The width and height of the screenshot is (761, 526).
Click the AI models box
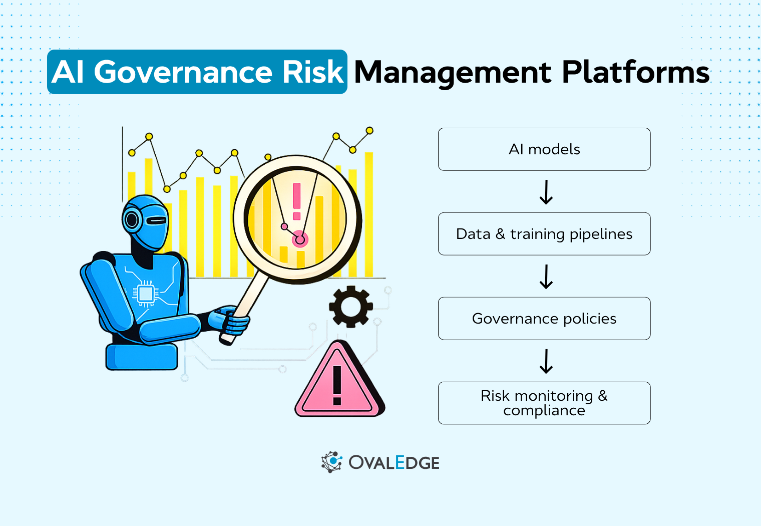(x=544, y=149)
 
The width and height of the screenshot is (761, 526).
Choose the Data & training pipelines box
(x=544, y=234)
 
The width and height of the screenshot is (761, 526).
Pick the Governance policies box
(x=544, y=319)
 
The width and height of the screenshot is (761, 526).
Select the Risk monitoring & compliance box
(x=544, y=403)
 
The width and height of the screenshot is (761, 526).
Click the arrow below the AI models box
(x=546, y=192)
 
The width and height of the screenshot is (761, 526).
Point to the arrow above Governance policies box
(x=546, y=277)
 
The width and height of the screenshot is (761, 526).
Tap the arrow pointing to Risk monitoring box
(x=546, y=361)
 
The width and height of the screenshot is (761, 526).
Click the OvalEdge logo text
(x=394, y=463)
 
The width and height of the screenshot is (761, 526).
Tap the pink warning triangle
(x=338, y=383)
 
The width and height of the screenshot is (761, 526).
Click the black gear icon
(x=350, y=307)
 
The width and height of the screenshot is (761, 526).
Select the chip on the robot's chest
(x=146, y=294)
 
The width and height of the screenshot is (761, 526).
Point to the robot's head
(x=146, y=221)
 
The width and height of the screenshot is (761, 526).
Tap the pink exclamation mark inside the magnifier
(x=297, y=201)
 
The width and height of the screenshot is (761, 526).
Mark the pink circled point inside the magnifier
(x=300, y=239)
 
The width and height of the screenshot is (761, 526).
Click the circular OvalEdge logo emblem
(x=331, y=462)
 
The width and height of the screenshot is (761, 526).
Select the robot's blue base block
(x=142, y=356)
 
